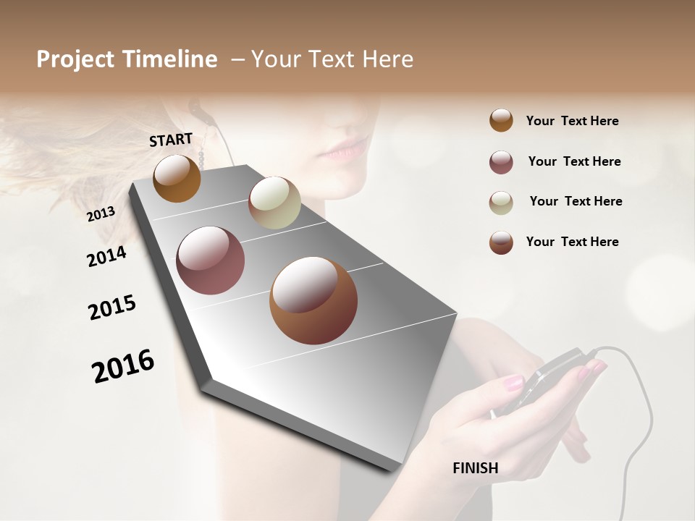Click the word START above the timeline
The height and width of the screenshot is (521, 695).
pyautogui.click(x=171, y=140)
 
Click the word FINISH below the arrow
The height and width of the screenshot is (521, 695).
pyautogui.click(x=475, y=468)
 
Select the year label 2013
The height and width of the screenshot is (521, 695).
pyautogui.click(x=101, y=214)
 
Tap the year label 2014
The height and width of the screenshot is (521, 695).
pyautogui.click(x=106, y=256)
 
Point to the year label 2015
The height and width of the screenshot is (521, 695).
pyautogui.click(x=112, y=308)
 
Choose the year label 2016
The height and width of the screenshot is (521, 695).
pyautogui.click(x=123, y=365)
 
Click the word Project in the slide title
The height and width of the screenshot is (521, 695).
pyautogui.click(x=75, y=59)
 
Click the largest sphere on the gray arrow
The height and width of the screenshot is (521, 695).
pyautogui.click(x=313, y=300)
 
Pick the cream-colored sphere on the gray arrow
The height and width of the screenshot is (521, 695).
pyautogui.click(x=274, y=203)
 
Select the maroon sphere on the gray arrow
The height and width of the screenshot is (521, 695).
pyautogui.click(x=211, y=260)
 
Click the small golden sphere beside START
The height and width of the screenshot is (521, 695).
pyautogui.click(x=177, y=178)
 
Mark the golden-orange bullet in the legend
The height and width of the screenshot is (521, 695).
pyautogui.click(x=501, y=120)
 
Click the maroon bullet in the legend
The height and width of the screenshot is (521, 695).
pyautogui.click(x=501, y=162)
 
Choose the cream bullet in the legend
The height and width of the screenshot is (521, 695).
pyautogui.click(x=501, y=203)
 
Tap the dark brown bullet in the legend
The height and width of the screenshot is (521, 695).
pyautogui.click(x=501, y=242)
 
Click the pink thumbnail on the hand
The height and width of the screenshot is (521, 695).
pyautogui.click(x=513, y=383)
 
